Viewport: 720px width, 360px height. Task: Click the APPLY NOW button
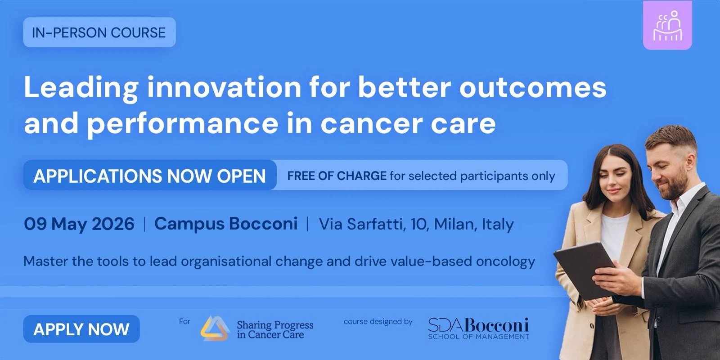81,329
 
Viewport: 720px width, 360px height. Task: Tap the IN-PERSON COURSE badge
99,32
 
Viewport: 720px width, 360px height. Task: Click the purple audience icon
667,25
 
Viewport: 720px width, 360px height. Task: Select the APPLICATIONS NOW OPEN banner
150,175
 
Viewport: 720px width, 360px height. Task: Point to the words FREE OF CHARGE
337,176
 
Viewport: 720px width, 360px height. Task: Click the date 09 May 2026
79,224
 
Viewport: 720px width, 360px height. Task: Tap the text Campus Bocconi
226,224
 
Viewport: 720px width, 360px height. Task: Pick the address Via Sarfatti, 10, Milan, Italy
416,224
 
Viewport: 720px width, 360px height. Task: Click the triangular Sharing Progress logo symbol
215,328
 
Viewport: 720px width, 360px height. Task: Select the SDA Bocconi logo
479,328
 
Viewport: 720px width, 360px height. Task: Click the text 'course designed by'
378,321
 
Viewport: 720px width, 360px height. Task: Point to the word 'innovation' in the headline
224,87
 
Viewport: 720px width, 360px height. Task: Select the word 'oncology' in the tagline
506,261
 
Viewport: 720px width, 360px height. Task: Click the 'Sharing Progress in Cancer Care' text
275,330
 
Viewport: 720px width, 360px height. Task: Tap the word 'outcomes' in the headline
533,87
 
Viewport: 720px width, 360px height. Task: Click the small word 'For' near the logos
185,321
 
